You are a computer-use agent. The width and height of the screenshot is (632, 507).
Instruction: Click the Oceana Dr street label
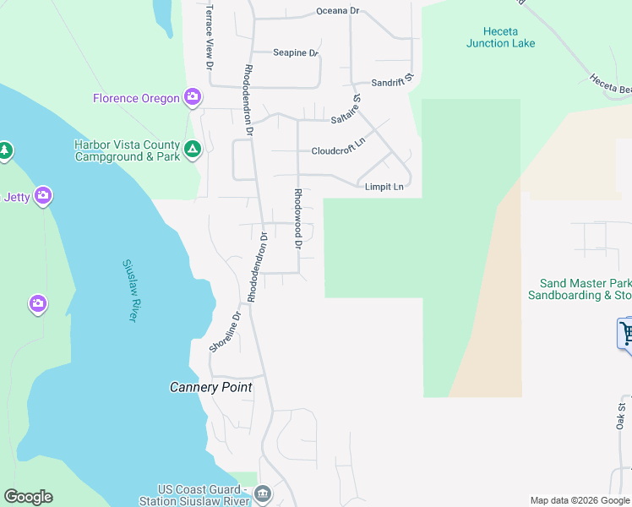(337, 11)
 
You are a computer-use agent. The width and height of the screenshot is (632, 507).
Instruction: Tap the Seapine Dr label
(295, 52)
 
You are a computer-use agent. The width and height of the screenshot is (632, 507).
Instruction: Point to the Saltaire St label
(346, 112)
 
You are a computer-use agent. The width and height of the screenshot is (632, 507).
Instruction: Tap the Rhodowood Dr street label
(297, 218)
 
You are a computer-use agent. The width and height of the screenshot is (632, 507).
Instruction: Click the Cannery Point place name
(210, 387)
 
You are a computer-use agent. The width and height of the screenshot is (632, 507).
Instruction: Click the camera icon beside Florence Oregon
(193, 97)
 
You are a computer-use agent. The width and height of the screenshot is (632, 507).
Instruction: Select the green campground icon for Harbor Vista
(193, 150)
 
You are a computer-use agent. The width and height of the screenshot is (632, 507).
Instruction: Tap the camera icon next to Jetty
(43, 196)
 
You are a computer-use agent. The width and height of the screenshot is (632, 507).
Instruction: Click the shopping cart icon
(627, 333)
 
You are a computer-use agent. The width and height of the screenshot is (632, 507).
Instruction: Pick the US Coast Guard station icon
(263, 493)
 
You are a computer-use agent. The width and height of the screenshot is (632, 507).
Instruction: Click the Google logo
(28, 497)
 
